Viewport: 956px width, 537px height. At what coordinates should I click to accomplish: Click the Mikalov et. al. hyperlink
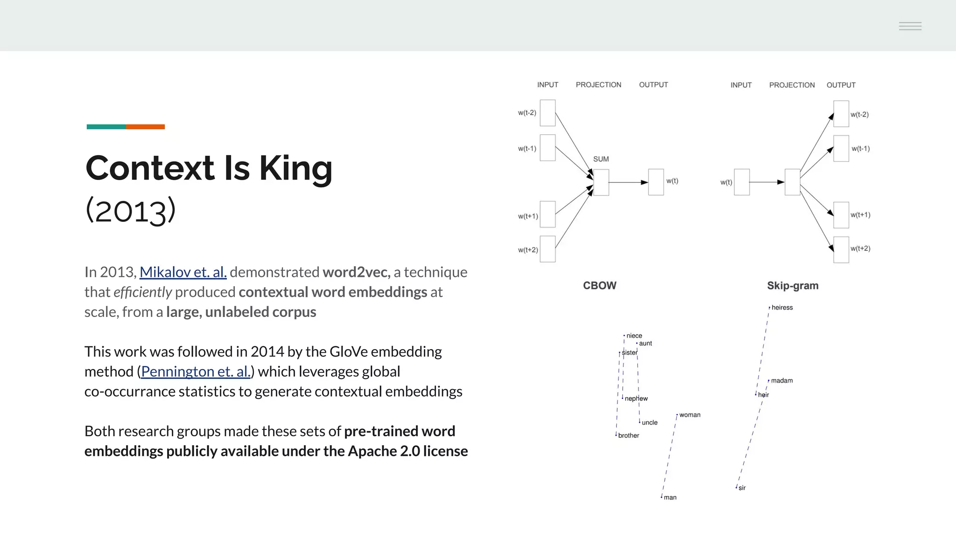tap(183, 272)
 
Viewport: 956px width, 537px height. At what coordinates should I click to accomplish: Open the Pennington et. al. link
tap(196, 372)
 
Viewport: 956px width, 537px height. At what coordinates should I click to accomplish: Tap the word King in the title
tap(295, 168)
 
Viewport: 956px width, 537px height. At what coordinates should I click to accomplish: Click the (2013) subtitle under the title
tap(130, 210)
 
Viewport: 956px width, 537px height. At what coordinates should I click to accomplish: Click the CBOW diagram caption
tap(599, 285)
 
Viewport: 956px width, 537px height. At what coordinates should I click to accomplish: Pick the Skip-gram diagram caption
tap(793, 286)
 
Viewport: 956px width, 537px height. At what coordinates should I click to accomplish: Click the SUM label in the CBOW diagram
tap(601, 159)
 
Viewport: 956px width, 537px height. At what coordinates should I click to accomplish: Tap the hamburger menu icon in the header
tap(910, 26)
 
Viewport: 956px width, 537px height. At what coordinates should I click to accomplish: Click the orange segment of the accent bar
tap(145, 127)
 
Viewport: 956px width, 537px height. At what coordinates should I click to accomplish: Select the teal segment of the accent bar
tap(106, 127)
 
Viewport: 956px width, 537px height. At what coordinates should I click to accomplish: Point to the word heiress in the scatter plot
tap(782, 308)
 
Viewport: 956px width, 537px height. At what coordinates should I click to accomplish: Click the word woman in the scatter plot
tap(689, 415)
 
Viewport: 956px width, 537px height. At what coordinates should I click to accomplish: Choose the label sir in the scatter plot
tap(742, 488)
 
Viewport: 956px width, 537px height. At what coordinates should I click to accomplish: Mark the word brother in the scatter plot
tap(628, 435)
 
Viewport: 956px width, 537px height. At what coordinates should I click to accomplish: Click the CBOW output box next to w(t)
tap(656, 182)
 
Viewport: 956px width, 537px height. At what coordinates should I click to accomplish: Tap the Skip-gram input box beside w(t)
tap(742, 182)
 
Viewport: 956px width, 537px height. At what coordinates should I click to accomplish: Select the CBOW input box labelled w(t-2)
tap(548, 113)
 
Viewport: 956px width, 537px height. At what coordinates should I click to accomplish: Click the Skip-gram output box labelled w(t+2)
tap(841, 250)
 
